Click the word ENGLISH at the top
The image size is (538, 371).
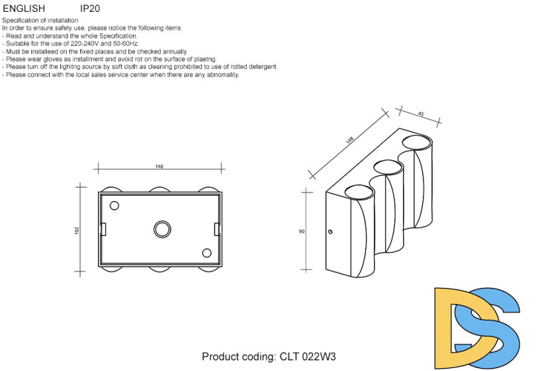click(x=24, y=8)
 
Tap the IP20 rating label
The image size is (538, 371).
click(x=90, y=8)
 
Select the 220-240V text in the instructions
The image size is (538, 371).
click(x=85, y=44)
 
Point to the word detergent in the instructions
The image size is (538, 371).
click(x=263, y=67)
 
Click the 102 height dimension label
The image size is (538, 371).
click(x=76, y=230)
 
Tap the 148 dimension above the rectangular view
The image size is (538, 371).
click(x=160, y=166)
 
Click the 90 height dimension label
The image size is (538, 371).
click(x=301, y=232)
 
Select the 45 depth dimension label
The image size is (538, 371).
click(x=421, y=114)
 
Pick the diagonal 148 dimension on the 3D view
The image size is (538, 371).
click(x=350, y=140)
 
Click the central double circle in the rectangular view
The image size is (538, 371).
click(x=163, y=229)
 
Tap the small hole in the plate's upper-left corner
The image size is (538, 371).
click(x=114, y=206)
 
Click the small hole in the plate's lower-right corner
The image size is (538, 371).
click(x=206, y=253)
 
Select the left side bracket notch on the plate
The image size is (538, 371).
click(x=103, y=229)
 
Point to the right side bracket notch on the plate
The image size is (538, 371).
click(x=217, y=229)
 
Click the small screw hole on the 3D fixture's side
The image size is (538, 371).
click(x=330, y=232)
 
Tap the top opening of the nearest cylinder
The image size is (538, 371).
click(x=359, y=192)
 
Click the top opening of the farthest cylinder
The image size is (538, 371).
click(x=417, y=142)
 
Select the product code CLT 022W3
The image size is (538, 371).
click(x=308, y=357)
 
